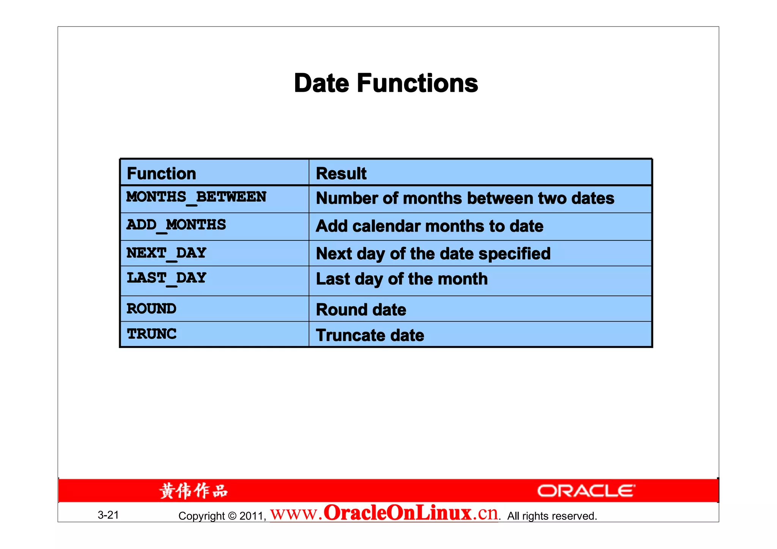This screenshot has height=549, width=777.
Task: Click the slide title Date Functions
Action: click(x=386, y=83)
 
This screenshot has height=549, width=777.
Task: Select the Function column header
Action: click(x=161, y=174)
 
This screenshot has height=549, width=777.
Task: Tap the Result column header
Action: click(x=341, y=174)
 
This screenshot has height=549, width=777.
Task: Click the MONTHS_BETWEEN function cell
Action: click(x=196, y=197)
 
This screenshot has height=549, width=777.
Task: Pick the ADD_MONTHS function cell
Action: click(x=176, y=225)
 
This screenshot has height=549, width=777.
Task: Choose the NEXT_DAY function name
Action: click(x=166, y=253)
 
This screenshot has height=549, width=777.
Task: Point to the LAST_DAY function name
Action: click(x=166, y=278)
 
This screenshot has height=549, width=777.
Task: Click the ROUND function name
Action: click(x=151, y=309)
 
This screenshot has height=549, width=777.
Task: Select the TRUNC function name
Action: click(x=151, y=334)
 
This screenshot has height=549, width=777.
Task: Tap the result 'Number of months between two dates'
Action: click(x=465, y=198)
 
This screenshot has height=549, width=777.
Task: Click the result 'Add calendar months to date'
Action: click(x=429, y=226)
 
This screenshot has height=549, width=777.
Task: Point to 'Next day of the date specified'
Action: click(x=433, y=254)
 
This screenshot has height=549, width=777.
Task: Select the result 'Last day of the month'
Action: click(x=402, y=279)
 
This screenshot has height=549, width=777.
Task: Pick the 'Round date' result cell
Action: click(x=361, y=310)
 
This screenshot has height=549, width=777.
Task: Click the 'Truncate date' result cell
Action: click(x=370, y=336)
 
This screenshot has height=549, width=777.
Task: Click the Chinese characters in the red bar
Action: click(x=193, y=491)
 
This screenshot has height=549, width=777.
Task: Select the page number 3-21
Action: click(x=108, y=515)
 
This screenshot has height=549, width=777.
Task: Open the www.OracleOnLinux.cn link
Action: click(x=384, y=513)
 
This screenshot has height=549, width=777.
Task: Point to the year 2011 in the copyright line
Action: click(x=252, y=516)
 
